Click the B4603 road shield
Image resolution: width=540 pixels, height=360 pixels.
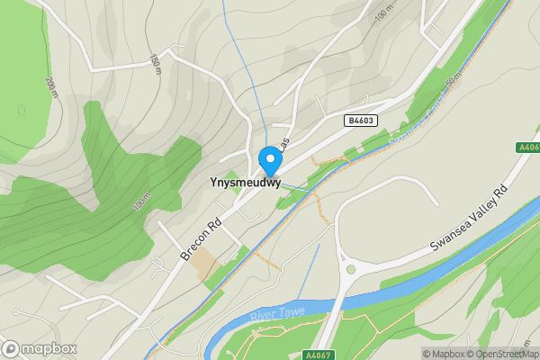[361, 119]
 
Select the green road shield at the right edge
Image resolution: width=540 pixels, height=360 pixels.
[529, 147]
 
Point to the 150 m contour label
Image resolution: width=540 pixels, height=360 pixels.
[155, 66]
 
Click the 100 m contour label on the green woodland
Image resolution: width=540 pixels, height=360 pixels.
[140, 202]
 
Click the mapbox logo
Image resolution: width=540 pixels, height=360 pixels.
[40, 348]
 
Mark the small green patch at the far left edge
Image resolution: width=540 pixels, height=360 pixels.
[20, 110]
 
